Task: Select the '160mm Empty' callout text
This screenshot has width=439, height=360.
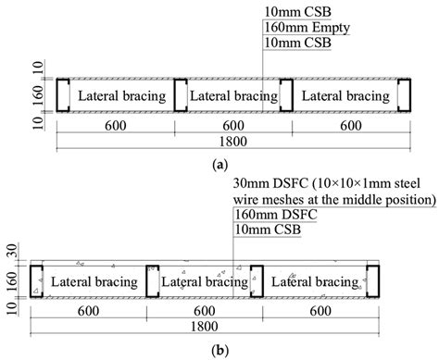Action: pyautogui.click(x=297, y=27)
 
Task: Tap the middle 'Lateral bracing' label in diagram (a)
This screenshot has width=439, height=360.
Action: pyautogui.click(x=233, y=96)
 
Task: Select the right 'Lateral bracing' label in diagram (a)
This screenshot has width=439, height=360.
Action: pyautogui.click(x=345, y=96)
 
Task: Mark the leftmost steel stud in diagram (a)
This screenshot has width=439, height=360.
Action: pyautogui.click(x=63, y=95)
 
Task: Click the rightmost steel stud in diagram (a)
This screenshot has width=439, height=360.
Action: pyautogui.click(x=404, y=95)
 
